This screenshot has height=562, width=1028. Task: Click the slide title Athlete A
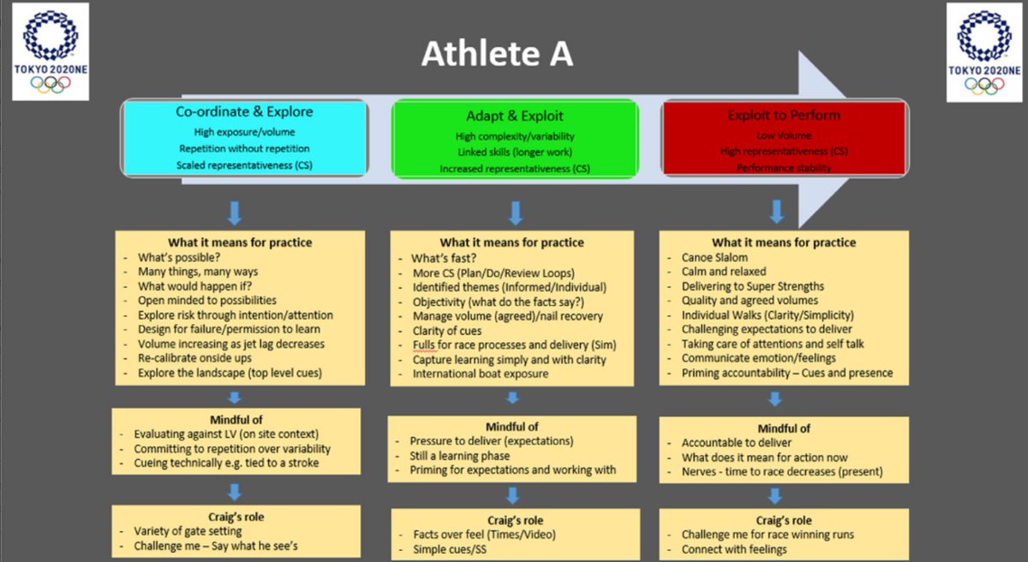point(497,55)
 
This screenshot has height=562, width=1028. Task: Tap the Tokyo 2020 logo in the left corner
point(51,51)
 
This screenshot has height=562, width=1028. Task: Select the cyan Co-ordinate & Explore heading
point(244,111)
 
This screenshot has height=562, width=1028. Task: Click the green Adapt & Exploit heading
point(514,116)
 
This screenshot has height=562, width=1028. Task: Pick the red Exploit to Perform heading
point(784,115)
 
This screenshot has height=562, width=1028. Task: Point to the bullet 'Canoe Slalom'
point(714,257)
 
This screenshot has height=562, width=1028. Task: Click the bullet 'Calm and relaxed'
point(724,272)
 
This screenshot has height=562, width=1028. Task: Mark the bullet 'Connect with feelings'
point(734,549)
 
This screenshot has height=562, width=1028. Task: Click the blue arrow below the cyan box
point(235,212)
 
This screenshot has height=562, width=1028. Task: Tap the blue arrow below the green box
point(515,212)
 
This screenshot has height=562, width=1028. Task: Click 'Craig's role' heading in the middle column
point(514,520)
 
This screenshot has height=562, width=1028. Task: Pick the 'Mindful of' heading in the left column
point(235,420)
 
